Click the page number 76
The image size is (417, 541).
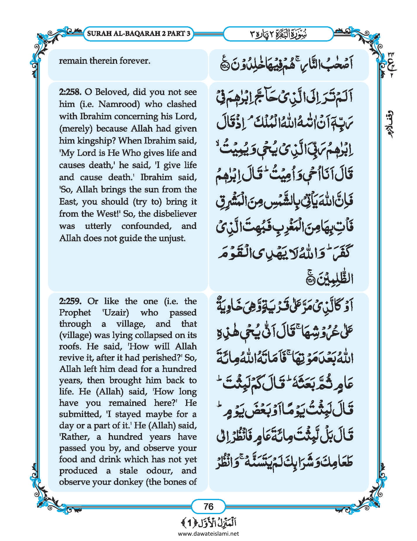208,506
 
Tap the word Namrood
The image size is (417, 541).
117,104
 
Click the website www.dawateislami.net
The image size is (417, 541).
208,534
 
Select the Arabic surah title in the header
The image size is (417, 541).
278,34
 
